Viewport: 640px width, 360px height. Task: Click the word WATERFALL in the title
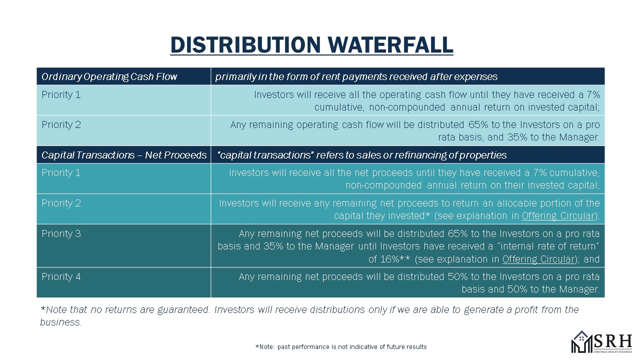(387, 44)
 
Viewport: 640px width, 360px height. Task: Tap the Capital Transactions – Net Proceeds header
(123, 155)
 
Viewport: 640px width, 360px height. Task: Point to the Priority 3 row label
(61, 233)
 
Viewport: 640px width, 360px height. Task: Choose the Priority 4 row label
(61, 276)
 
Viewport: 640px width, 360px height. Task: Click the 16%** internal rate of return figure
(389, 259)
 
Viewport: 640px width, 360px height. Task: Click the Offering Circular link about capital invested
(557, 216)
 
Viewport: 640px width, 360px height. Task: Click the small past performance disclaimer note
(340, 346)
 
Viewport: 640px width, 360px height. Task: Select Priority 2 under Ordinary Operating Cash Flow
(61, 125)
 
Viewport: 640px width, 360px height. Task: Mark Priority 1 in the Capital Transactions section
(61, 173)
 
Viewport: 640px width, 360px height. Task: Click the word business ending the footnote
(60, 322)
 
